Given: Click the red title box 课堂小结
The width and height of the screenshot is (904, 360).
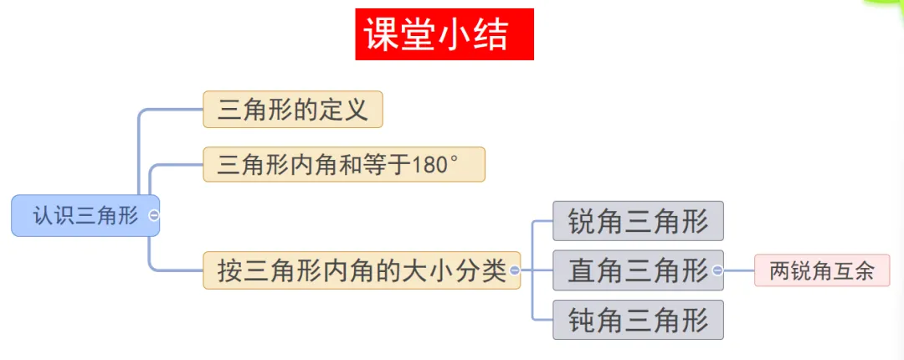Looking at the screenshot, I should pos(444,34).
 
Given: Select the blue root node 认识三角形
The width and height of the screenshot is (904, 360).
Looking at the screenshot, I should pos(85,215).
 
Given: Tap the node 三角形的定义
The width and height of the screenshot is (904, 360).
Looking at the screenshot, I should pos(293,110).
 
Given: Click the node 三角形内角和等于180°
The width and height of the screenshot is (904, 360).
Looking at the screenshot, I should pos(343,163).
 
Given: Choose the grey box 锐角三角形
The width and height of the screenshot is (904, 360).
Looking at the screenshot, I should pos(638,221).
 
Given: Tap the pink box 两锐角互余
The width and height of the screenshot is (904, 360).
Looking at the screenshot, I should pos(821,270).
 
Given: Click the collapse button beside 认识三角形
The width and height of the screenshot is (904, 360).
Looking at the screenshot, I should pos(153,215).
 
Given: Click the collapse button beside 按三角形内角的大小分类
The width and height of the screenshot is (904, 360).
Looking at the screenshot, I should pos(514,270).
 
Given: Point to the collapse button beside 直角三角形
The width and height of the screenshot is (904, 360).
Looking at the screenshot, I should pos(717,270).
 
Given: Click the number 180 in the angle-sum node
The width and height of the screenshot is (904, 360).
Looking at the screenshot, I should pos(430,164).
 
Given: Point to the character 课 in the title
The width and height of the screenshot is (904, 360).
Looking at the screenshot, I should pos(383,35).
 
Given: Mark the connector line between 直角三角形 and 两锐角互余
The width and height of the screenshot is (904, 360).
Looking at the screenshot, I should pos(738,270).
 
